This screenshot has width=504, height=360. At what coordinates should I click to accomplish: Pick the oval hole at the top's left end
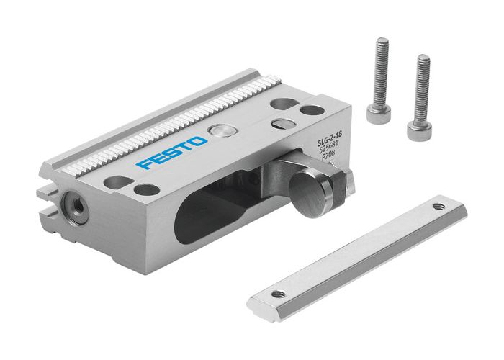click(118, 182)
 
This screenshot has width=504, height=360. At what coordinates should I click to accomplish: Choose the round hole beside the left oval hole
click(147, 190)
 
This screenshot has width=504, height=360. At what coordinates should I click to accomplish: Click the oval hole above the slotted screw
click(282, 104)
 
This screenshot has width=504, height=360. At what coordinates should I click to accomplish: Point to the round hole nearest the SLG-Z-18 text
click(312, 112)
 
